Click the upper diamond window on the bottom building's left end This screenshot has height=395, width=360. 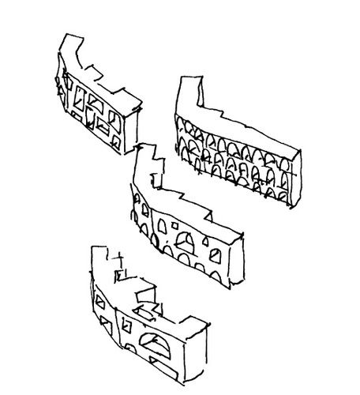pyautogui.click(x=98, y=299)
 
